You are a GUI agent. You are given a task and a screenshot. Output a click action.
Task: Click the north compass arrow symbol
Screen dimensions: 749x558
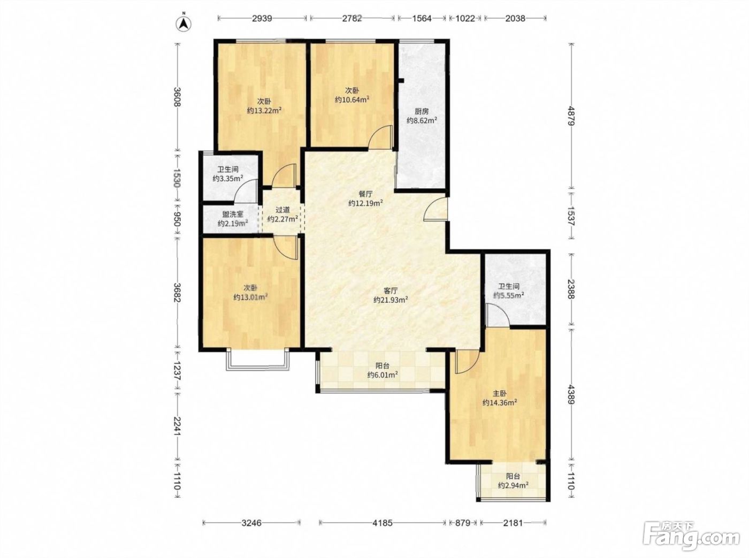pos(184,23)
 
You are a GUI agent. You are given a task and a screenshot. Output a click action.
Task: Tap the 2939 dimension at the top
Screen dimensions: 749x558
pos(262,18)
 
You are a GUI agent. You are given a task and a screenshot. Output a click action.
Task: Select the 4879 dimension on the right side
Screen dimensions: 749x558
pos(571,117)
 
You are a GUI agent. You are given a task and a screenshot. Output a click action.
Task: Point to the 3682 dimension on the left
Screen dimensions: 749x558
pos(178,293)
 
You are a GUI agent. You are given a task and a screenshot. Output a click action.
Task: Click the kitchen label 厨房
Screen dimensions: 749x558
pos(422,111)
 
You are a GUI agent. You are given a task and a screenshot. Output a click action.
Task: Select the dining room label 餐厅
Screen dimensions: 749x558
pos(365,194)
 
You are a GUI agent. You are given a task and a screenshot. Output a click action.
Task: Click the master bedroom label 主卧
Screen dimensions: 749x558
pos(500,394)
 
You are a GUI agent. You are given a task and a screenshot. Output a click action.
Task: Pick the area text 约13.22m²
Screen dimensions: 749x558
pos(264,110)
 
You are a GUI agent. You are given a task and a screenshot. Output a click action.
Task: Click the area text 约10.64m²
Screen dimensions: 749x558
pos(352,100)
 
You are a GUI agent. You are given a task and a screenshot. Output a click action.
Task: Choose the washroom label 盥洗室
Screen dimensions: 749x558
pos(233,215)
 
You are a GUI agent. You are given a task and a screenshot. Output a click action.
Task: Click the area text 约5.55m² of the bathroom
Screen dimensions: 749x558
pos(509,296)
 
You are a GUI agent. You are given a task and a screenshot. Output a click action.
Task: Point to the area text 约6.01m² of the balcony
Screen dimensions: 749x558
pos(383,374)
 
